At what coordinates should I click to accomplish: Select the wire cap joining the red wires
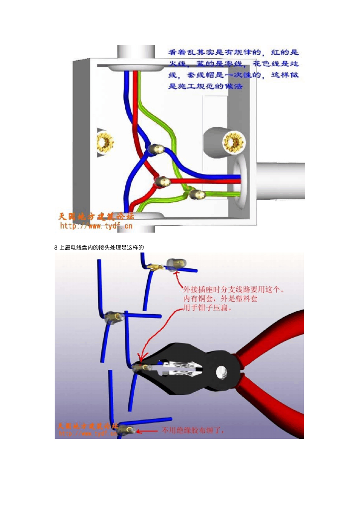click(x=162, y=182)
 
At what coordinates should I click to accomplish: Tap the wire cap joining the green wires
click(x=197, y=195)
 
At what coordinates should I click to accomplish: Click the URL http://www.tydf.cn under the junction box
click(x=96, y=226)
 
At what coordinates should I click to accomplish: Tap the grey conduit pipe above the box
click(x=136, y=52)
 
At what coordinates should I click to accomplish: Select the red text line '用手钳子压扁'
click(x=209, y=308)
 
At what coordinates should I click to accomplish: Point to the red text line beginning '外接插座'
click(x=234, y=289)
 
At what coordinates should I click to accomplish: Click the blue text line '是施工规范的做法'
click(x=205, y=86)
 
